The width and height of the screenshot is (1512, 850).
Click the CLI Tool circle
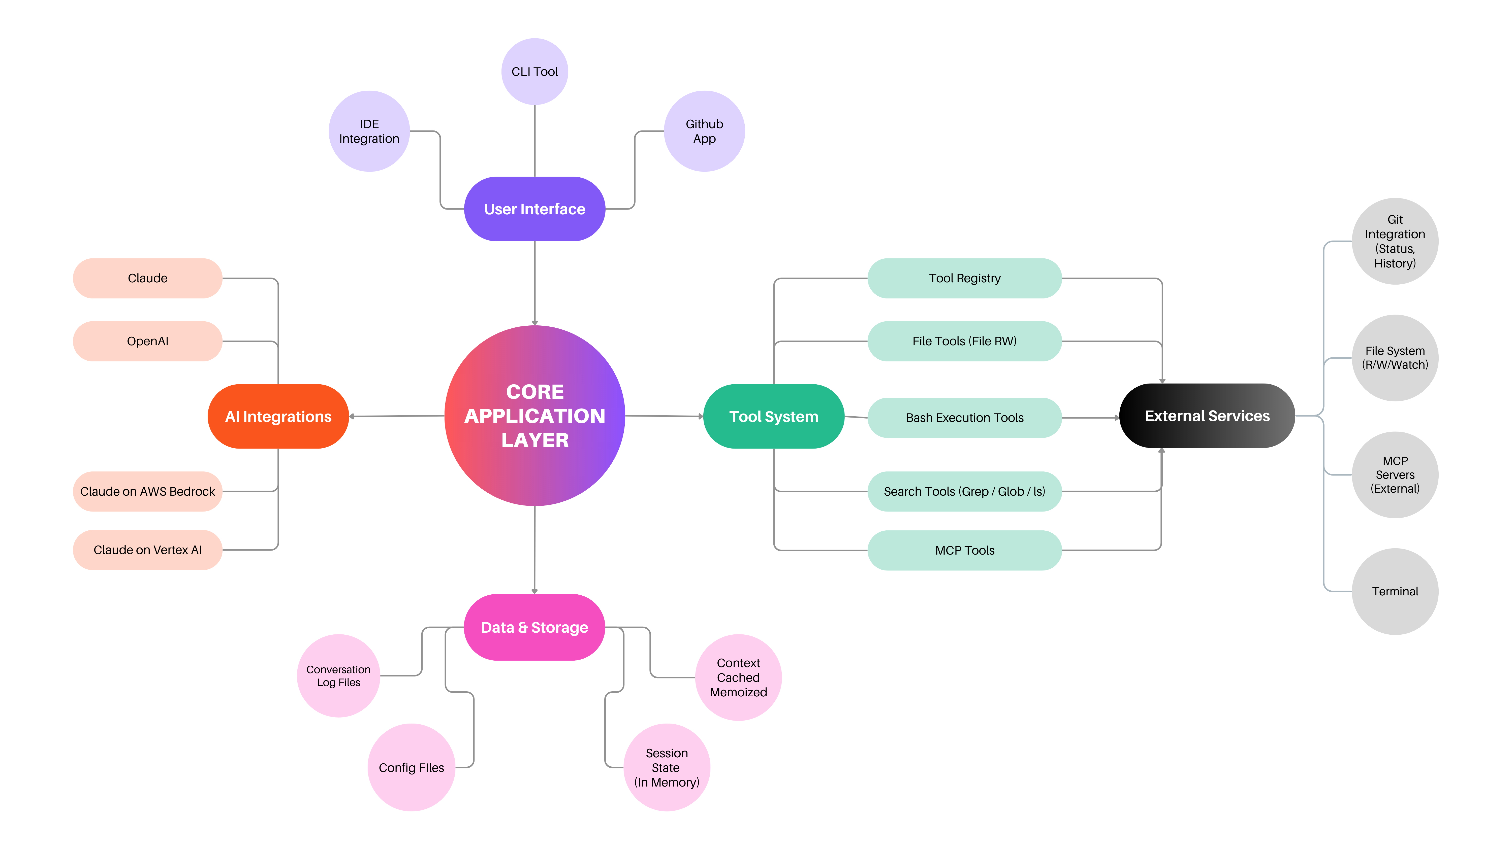click(x=534, y=72)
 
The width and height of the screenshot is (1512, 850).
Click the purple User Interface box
click(x=534, y=209)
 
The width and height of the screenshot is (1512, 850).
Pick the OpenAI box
click(x=147, y=341)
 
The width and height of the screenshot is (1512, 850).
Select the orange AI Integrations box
click(x=278, y=417)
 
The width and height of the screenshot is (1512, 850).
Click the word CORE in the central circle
click(x=535, y=391)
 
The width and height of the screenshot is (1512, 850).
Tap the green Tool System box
click(x=774, y=417)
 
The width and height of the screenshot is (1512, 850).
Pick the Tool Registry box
click(x=964, y=278)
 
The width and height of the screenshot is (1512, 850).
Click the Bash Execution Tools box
click(x=964, y=418)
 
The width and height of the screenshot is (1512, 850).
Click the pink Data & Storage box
click(x=534, y=627)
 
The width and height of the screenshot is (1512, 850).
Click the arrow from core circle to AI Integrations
click(x=397, y=416)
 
